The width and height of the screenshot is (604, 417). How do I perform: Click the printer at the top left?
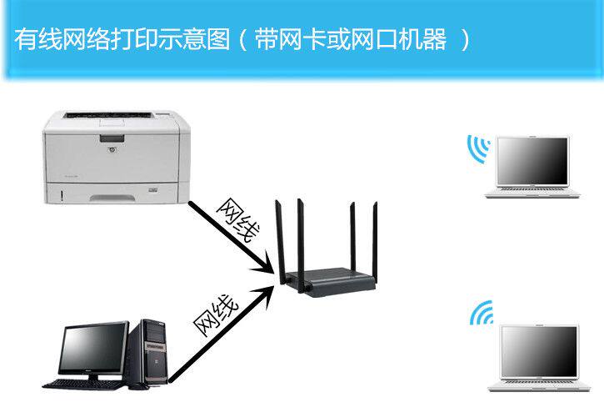(x=115, y=159)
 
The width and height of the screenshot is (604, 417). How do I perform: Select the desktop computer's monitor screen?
(x=92, y=349)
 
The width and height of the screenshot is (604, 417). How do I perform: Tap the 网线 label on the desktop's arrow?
(x=216, y=314)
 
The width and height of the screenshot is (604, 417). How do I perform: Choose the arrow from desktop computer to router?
(x=221, y=334)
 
